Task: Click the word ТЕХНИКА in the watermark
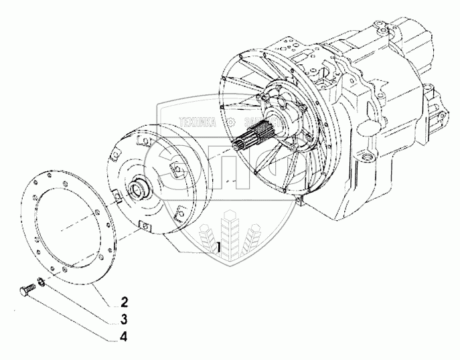pos(199,122)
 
